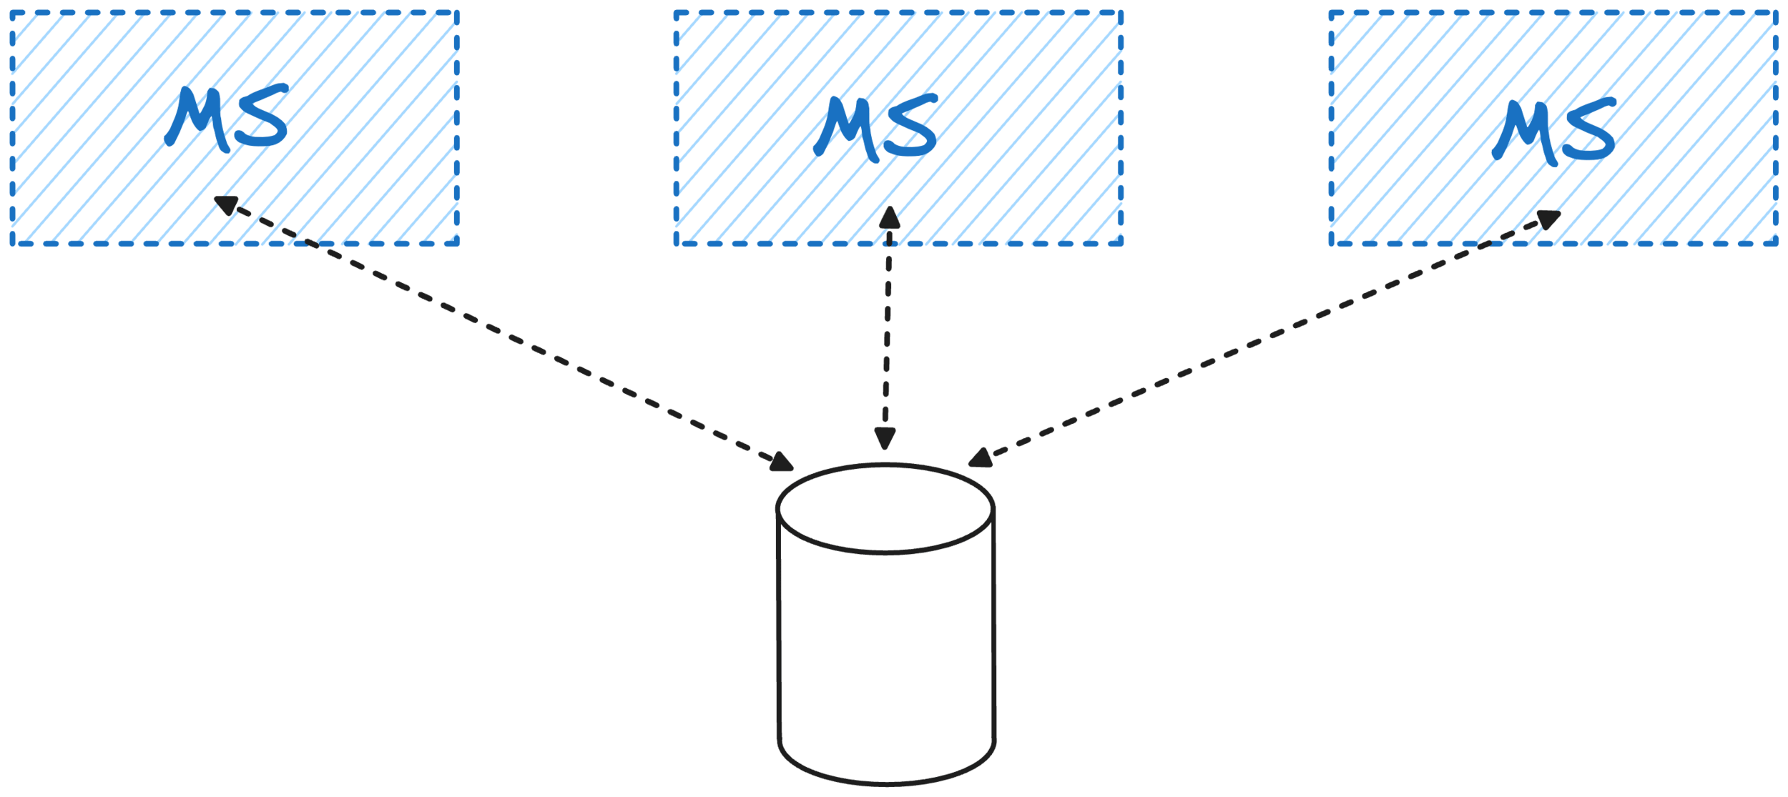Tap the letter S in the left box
click(261, 117)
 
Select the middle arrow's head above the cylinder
click(885, 439)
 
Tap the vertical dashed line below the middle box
click(887, 329)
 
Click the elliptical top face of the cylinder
click(885, 509)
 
